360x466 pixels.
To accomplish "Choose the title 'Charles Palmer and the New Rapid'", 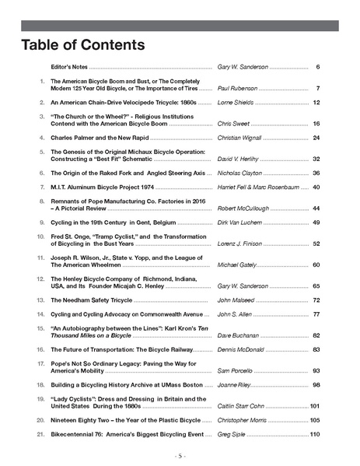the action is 103,138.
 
